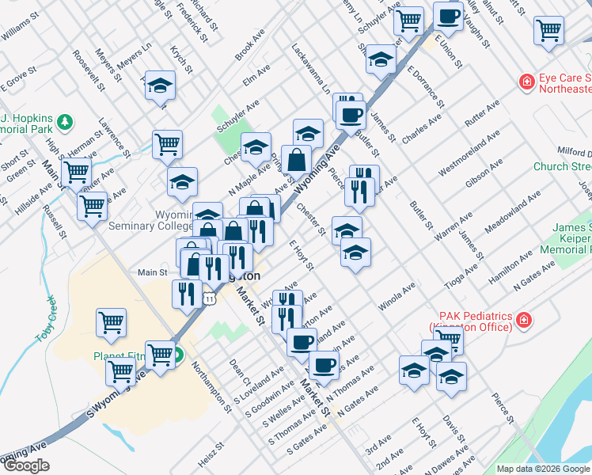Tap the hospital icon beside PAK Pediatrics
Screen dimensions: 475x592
[523, 320]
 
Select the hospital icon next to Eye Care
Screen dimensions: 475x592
[526, 82]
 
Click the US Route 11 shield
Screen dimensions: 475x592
[208, 297]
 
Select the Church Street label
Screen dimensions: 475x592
[562, 166]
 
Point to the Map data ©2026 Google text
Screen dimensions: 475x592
[543, 469]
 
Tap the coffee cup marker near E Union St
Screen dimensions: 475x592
[449, 17]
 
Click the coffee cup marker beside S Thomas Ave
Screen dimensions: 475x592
[324, 365]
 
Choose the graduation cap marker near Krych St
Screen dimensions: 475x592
[161, 85]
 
